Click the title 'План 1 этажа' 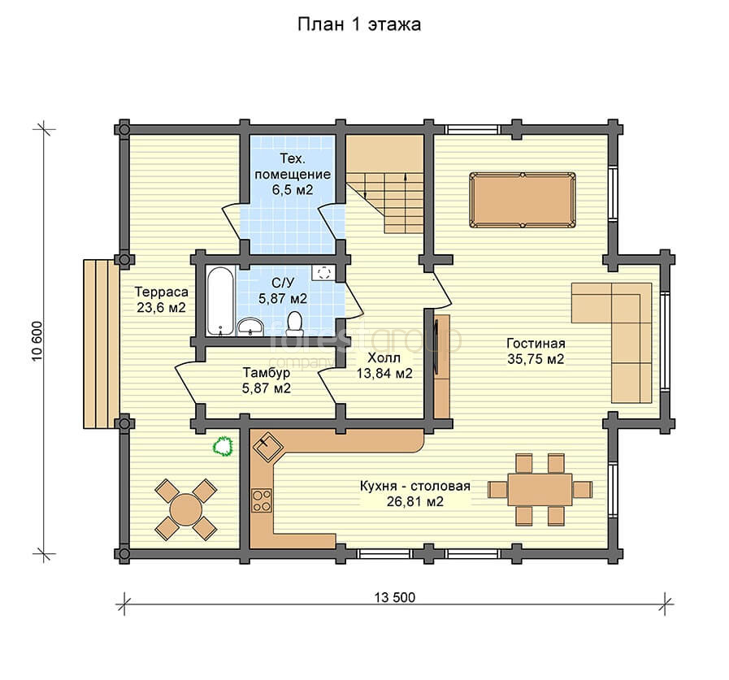click(359, 24)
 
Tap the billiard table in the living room click(522, 201)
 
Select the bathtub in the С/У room click(220, 301)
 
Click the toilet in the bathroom click(294, 323)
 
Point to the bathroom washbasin click(250, 327)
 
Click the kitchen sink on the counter click(268, 446)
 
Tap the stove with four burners click(262, 500)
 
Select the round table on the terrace click(185, 509)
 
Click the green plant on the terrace click(223, 446)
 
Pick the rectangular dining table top click(540, 490)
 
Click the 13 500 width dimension click(395, 597)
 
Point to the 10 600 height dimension click(37, 340)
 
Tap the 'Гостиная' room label click(536, 344)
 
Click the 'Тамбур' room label click(267, 373)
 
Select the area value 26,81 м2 click(415, 501)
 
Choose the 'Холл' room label click(384, 358)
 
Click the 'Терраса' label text click(162, 292)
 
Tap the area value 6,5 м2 click(293, 189)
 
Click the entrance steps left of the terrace click(102, 344)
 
